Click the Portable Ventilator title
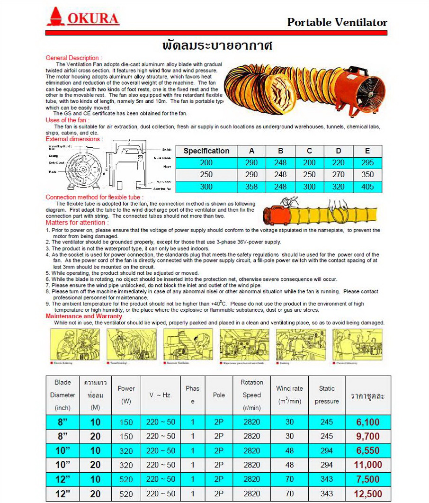tap(337, 22)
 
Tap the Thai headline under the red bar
tap(217, 46)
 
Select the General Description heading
tap(73, 58)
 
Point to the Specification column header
tap(206, 151)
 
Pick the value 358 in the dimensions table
tap(251, 187)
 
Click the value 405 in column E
tap(367, 187)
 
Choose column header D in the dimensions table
tap(339, 151)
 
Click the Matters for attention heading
tap(76, 223)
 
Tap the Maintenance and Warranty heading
tap(84, 316)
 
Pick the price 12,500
tap(367, 494)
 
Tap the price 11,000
tap(367, 465)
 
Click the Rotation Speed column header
tap(252, 395)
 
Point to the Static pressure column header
tap(327, 395)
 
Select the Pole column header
tap(219, 395)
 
